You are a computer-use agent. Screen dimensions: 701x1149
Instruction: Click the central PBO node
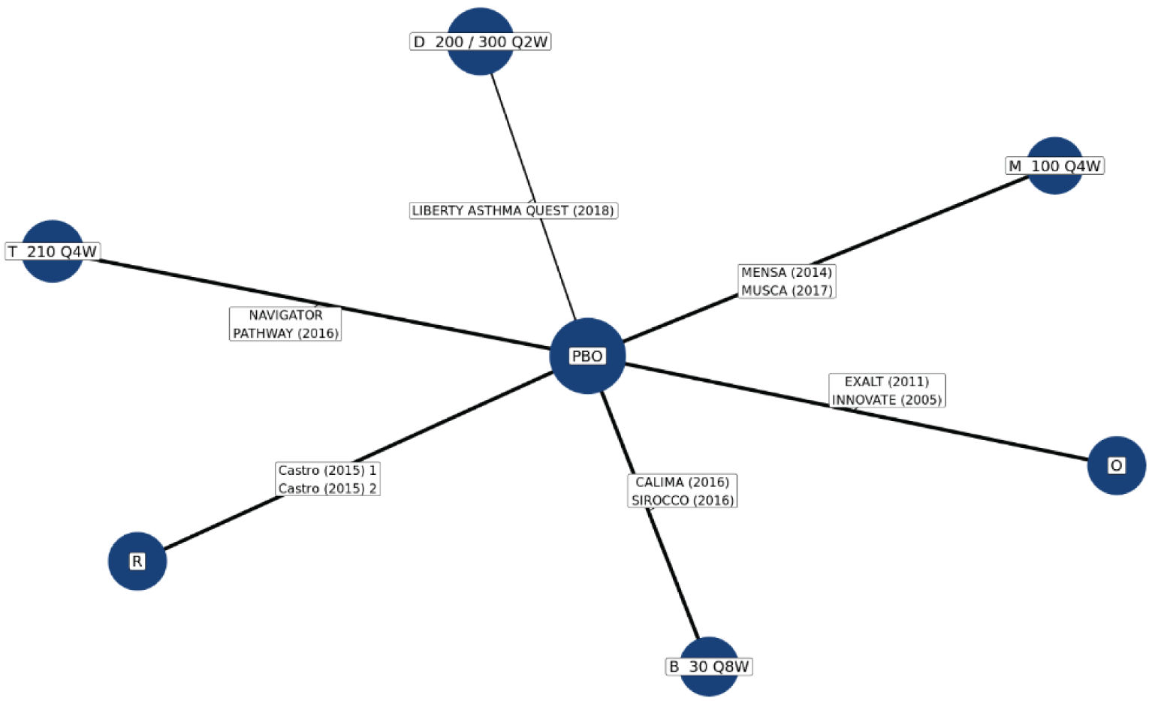(x=587, y=356)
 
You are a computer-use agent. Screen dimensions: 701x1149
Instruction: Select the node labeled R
(x=137, y=561)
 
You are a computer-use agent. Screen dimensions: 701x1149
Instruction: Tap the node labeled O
(x=1116, y=465)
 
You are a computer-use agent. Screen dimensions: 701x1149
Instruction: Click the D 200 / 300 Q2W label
(x=480, y=42)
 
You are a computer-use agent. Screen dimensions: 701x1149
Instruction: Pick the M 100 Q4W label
(x=1054, y=166)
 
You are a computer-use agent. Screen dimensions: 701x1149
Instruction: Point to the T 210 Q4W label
(x=53, y=251)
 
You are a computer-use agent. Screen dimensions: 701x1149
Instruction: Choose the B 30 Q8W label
(x=709, y=666)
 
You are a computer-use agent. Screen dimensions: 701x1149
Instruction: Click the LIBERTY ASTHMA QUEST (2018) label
(x=513, y=211)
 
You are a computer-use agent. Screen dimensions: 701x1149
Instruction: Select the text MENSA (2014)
(x=786, y=272)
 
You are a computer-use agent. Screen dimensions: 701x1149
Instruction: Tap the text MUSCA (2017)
(x=786, y=290)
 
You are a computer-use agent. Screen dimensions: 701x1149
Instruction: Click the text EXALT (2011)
(x=886, y=381)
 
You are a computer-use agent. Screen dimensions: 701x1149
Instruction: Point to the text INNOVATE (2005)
(x=886, y=400)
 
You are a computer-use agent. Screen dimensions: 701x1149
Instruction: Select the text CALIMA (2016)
(x=682, y=482)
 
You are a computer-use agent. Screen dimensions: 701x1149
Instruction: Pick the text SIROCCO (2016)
(x=682, y=501)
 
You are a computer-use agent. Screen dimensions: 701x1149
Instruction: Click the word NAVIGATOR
(x=285, y=315)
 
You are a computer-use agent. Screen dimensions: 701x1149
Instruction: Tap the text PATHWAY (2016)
(x=285, y=333)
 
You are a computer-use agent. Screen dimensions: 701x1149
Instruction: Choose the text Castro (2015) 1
(x=327, y=471)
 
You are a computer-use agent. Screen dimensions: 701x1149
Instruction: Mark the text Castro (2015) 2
(x=327, y=489)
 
